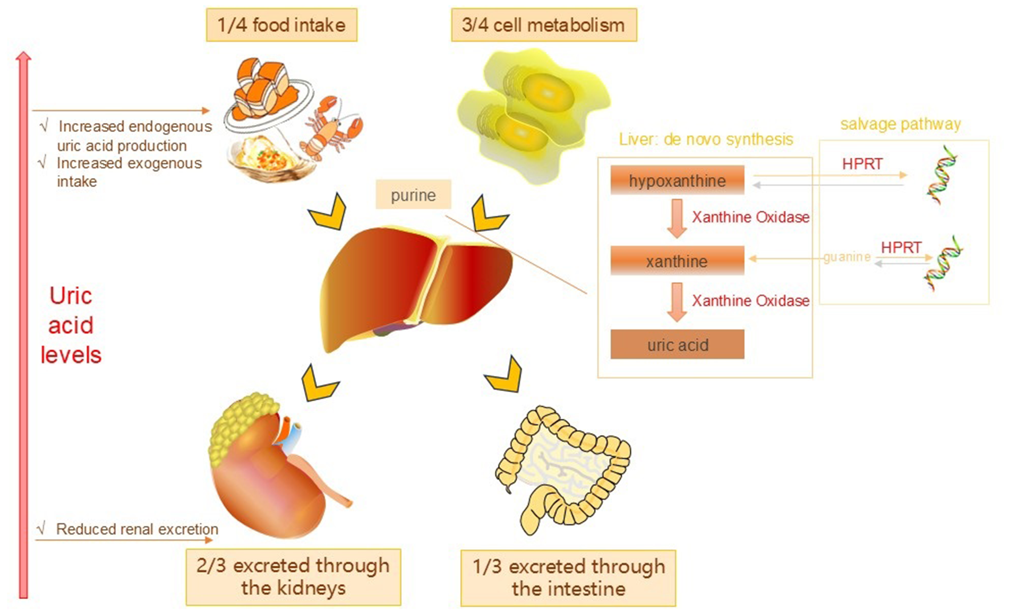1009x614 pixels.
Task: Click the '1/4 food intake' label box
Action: click(x=281, y=25)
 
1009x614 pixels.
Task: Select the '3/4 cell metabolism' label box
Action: click(x=543, y=25)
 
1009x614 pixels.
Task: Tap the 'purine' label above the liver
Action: click(x=413, y=195)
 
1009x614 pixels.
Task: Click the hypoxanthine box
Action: click(x=677, y=180)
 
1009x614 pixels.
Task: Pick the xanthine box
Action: click(x=677, y=261)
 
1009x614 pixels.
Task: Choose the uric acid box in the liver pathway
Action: click(x=677, y=344)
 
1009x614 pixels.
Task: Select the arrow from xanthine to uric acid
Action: click(x=676, y=302)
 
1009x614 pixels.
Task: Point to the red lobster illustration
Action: click(x=332, y=127)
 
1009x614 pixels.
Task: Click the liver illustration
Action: click(x=414, y=287)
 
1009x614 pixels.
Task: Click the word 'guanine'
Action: click(x=846, y=257)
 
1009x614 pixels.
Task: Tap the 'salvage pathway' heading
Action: click(x=900, y=124)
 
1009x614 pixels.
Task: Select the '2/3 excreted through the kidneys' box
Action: click(x=293, y=577)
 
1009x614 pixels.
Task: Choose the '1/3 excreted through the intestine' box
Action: click(x=568, y=578)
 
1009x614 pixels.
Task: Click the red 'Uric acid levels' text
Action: click(x=71, y=325)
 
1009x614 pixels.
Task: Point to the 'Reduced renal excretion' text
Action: click(x=136, y=529)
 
